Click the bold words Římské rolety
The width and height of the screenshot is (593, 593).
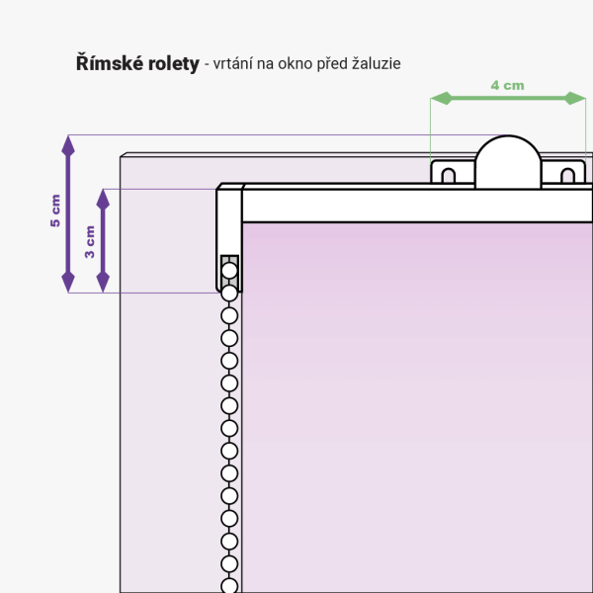coord(136,63)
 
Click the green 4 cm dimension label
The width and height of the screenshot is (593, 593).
coord(507,85)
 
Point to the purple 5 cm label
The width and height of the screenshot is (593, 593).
coord(55,212)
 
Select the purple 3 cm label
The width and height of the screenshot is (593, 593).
coord(90,240)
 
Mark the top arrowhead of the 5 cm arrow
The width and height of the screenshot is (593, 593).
coord(67,144)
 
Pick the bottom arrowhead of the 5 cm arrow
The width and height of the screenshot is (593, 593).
coord(67,283)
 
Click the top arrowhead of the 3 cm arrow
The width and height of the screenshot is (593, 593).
coord(102,197)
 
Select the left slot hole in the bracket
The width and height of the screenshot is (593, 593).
coord(448,176)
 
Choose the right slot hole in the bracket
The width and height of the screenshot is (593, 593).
coord(567,176)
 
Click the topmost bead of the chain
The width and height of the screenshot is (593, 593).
coord(229,270)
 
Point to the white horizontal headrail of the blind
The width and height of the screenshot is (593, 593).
coord(415,206)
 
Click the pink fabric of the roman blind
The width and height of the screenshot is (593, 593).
coord(415,395)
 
